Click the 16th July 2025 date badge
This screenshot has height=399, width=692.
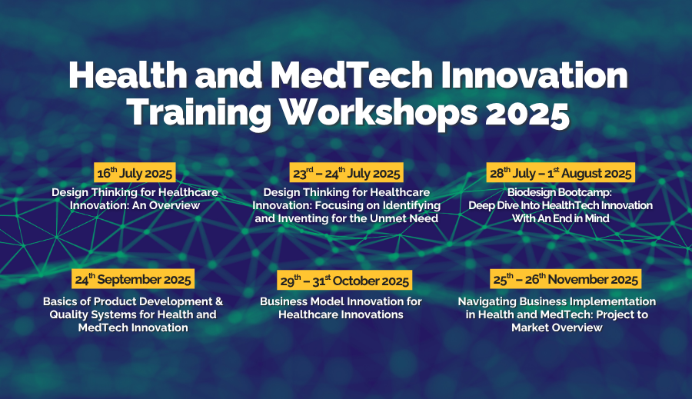[x=135, y=172]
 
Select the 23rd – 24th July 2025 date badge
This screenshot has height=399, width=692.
[x=347, y=172]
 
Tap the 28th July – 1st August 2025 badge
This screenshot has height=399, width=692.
[x=561, y=172]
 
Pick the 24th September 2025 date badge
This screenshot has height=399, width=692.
[x=133, y=279]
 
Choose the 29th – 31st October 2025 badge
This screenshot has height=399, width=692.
[x=344, y=281]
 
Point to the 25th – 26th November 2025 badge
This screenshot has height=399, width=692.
[x=565, y=279]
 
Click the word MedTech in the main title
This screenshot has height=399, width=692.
[x=351, y=75]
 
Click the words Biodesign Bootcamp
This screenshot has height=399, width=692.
[x=560, y=192]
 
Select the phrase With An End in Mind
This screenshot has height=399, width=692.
[x=561, y=218]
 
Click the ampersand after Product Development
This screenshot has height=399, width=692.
[x=219, y=301]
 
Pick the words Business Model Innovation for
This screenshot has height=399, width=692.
[x=341, y=301]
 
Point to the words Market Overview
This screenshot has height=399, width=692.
[x=557, y=328]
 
